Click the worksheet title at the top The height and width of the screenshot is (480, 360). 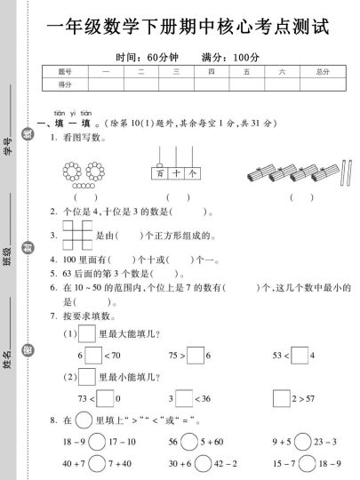click(x=185, y=28)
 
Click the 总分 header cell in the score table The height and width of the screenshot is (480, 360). click(x=322, y=70)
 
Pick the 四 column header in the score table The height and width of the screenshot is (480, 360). click(x=211, y=70)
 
